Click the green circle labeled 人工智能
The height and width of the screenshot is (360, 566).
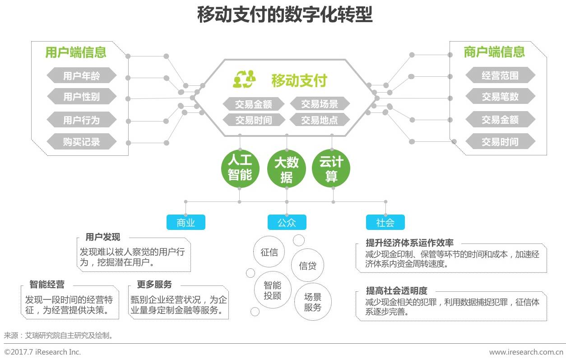240,168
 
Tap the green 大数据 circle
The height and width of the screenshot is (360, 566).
287,168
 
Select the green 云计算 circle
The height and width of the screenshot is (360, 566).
331,168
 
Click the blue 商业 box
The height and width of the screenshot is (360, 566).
186,222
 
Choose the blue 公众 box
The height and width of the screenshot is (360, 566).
287,222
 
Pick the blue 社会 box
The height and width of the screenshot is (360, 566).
385,222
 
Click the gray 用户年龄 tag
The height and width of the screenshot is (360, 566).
82,75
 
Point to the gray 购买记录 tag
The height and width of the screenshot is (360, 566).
82,141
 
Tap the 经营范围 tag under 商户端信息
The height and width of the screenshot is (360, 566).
500,75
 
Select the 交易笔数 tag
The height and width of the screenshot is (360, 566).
500,96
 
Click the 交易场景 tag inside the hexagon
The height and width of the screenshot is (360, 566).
320,103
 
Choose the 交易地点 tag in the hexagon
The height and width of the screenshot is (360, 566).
320,120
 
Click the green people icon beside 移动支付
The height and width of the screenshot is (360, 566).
244,79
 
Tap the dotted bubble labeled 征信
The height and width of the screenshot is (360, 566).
269,252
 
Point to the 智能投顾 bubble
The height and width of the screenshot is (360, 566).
273,290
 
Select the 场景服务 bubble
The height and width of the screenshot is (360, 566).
313,302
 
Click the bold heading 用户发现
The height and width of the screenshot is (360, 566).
103,237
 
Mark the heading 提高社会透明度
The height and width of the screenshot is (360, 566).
397,290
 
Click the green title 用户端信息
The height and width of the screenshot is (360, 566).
76,52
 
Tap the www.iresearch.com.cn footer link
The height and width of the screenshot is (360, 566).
526,352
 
